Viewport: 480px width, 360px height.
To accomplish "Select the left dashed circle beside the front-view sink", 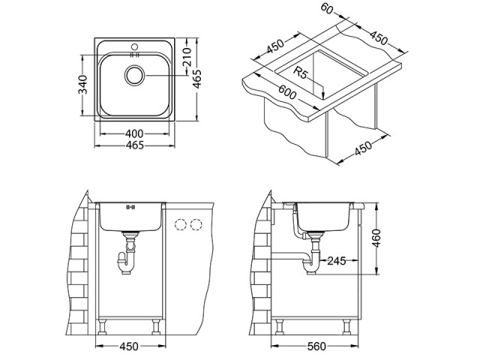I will pos(181,223).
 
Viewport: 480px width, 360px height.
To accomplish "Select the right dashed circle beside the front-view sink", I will pos(197,223).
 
